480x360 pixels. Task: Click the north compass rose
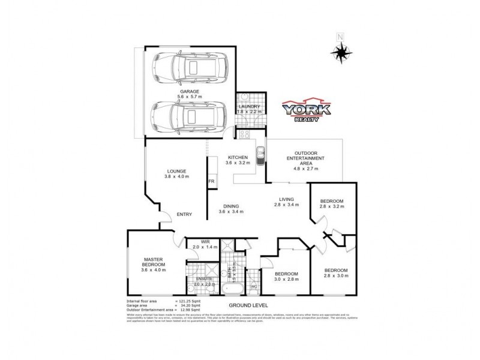(x=341, y=52)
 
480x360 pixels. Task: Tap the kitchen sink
(x=260, y=157)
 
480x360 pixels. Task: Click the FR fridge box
(x=211, y=181)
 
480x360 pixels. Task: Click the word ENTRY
(x=184, y=215)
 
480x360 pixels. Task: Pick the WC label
(x=253, y=287)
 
